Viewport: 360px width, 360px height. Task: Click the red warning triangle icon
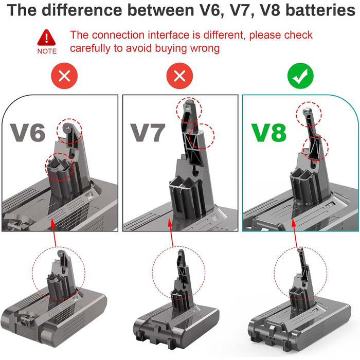pyautogui.click(x=47, y=38)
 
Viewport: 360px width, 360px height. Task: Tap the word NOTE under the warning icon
pyautogui.click(x=47, y=51)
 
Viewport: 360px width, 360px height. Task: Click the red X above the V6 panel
pyautogui.click(x=64, y=77)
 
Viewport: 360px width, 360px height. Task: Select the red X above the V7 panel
pyautogui.click(x=179, y=77)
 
